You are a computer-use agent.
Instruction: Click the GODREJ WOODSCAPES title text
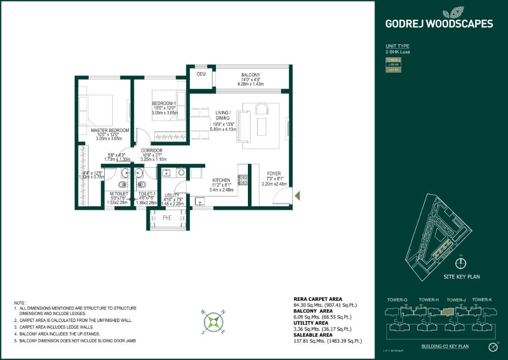tap(439, 23)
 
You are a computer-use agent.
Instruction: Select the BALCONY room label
tap(251, 75)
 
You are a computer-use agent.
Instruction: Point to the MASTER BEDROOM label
tap(110, 130)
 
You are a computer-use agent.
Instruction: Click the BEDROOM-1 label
tap(164, 104)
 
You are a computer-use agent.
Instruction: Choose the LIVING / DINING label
tap(223, 115)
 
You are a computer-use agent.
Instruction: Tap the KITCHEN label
tap(221, 180)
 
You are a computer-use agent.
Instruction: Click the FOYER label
tap(274, 174)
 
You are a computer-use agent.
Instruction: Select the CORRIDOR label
tap(151, 151)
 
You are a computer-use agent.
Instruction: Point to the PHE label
tap(167, 218)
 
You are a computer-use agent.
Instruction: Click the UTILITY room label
tap(172, 195)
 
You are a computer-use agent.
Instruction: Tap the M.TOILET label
tap(119, 193)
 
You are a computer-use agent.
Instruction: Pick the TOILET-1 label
tap(146, 193)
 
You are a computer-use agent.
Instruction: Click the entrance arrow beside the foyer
tap(298, 194)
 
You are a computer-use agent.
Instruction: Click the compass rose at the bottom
tap(214, 321)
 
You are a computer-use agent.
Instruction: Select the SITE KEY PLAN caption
tap(462, 277)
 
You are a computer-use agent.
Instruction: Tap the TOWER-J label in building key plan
tap(456, 300)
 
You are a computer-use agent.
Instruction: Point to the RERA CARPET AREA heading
tap(318, 299)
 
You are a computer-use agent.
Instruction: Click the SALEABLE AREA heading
tap(313, 335)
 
